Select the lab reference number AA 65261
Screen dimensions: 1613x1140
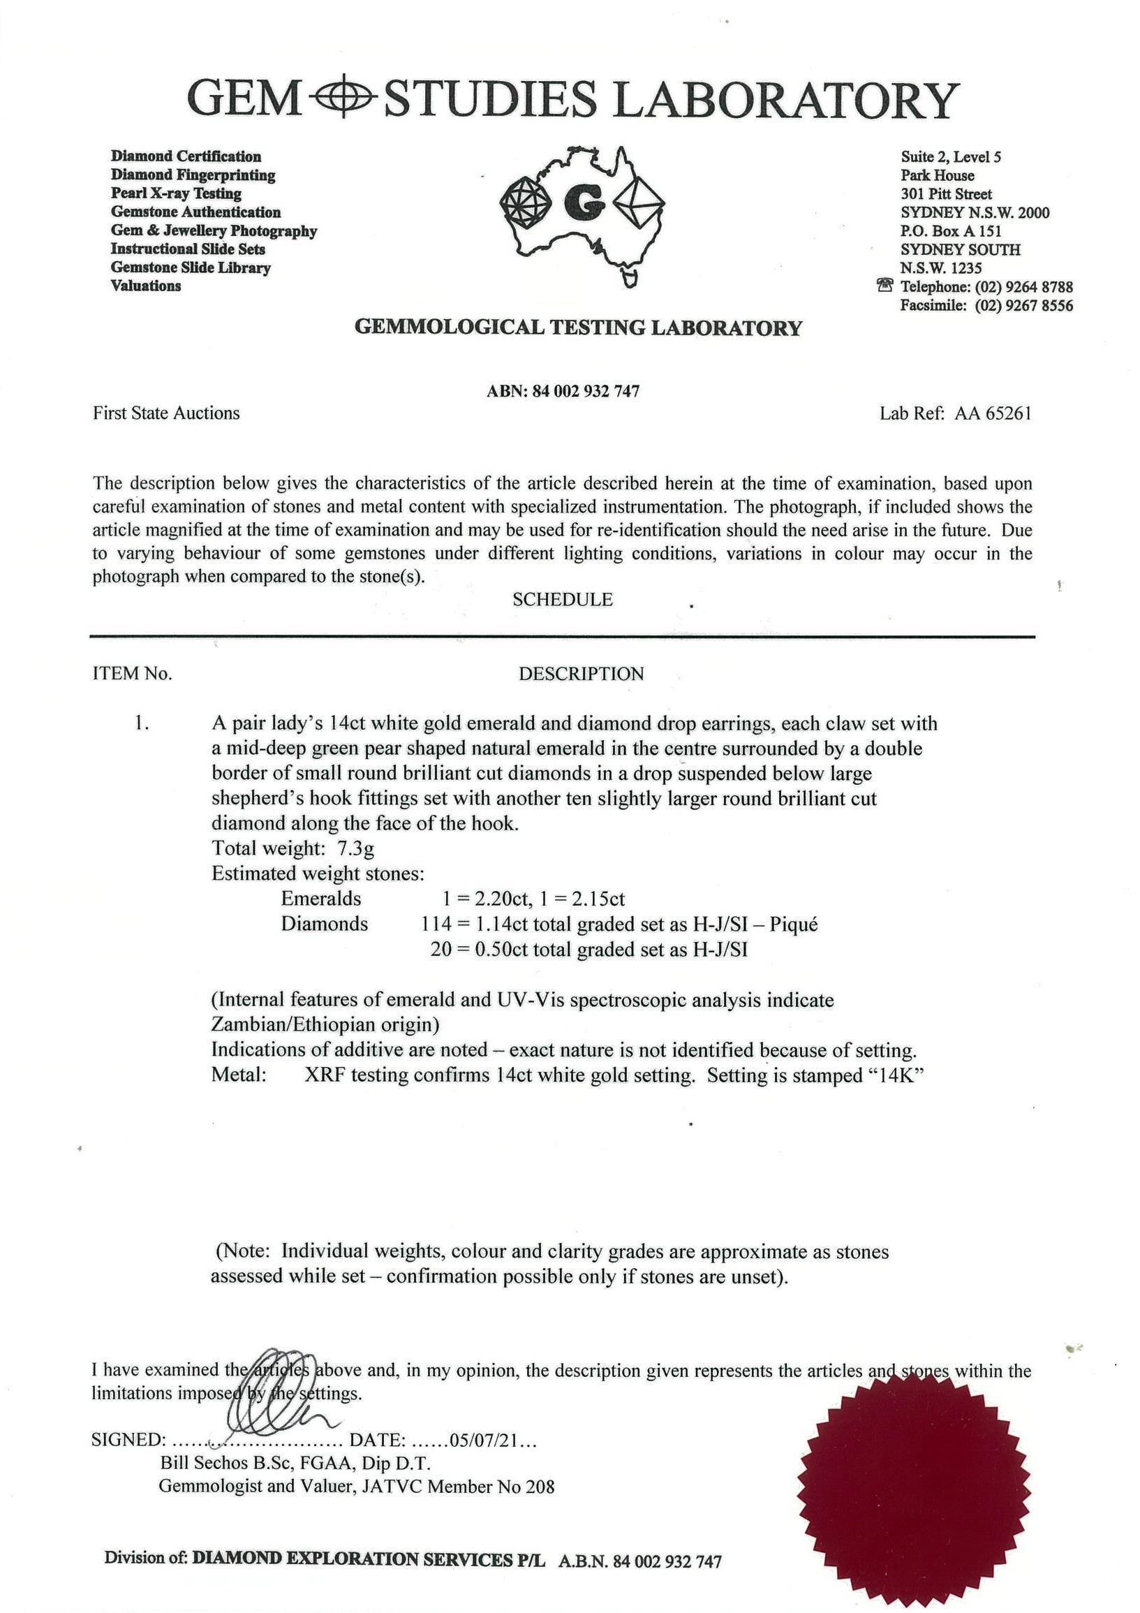993,413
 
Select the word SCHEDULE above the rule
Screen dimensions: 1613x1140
562,599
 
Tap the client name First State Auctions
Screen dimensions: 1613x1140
166,413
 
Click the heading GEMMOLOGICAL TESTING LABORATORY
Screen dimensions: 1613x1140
578,327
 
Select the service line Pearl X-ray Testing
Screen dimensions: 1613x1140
176,193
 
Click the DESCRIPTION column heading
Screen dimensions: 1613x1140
581,674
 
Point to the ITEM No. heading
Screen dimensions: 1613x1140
133,674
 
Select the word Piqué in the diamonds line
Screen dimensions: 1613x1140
794,924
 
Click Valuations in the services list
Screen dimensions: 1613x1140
145,285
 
